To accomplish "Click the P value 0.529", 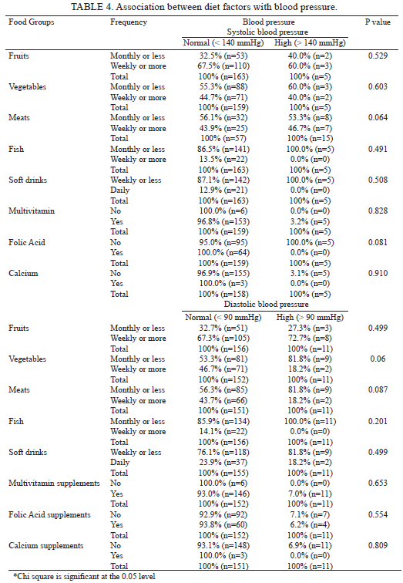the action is (x=378, y=56).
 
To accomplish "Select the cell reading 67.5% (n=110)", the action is (x=223, y=66).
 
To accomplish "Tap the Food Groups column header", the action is (x=31, y=22).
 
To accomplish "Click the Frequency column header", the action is (x=129, y=22).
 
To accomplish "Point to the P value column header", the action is (x=378, y=22).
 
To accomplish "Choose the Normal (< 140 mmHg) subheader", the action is (x=223, y=42).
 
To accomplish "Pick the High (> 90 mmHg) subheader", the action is (x=310, y=317).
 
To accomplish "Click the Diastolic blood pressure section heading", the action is (x=266, y=304).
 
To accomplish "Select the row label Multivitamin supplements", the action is (x=54, y=483).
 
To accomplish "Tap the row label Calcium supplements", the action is (x=46, y=545).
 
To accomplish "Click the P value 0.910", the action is (x=378, y=273).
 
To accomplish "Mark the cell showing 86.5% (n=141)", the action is (x=223, y=149).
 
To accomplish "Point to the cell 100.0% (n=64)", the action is (x=223, y=252).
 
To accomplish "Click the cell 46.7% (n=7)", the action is (x=310, y=128).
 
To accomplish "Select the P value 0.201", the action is (x=378, y=421).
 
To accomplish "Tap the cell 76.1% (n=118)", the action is (x=223, y=452).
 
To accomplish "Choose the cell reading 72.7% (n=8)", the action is (x=310, y=339).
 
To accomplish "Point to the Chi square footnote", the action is (x=85, y=576).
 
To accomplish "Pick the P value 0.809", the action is (x=378, y=545).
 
